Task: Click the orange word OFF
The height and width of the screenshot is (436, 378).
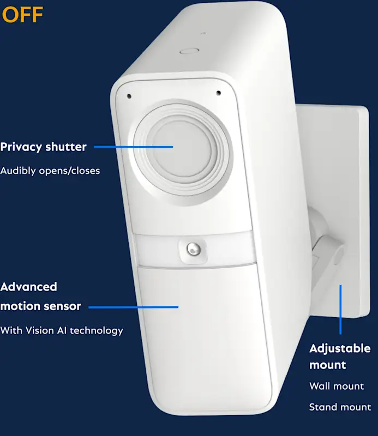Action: coord(22,15)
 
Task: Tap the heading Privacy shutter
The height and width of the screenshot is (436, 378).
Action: coord(43,147)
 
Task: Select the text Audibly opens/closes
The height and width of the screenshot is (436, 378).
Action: coord(50,171)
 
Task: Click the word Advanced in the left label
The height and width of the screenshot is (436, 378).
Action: coord(28,287)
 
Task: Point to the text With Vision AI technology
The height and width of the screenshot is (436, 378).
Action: coord(62,330)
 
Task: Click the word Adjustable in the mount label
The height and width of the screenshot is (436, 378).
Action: coord(340,348)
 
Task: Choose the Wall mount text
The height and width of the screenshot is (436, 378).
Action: coord(336,386)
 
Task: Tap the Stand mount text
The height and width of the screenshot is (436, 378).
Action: coord(340,407)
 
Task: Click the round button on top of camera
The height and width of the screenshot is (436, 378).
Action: coord(189,51)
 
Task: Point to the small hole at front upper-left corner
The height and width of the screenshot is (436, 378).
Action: coord(129,96)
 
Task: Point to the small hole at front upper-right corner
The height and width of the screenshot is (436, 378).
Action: coord(218,93)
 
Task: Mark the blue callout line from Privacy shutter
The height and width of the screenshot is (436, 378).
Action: coord(133,147)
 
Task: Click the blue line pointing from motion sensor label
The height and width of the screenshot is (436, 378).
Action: coord(133,307)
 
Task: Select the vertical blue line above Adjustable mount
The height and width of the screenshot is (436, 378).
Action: coord(341,308)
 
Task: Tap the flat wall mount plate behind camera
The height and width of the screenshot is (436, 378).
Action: coord(349,163)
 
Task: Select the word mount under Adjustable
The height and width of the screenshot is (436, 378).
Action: coord(328,365)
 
